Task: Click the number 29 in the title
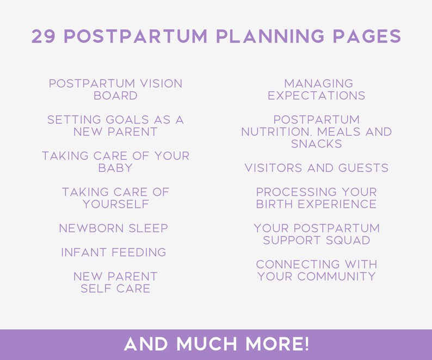click(44, 36)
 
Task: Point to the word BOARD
click(115, 96)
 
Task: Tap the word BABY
click(115, 168)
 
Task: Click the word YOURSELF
click(115, 204)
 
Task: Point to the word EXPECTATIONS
click(317, 96)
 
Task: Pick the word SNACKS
click(317, 144)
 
